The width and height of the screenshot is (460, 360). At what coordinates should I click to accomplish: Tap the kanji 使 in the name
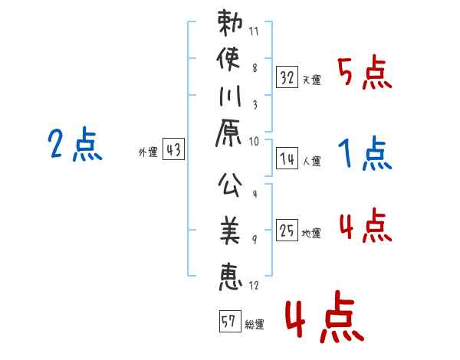(x=228, y=59)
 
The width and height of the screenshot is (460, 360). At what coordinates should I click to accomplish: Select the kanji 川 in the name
(x=230, y=96)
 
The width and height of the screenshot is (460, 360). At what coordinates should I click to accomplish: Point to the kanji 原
(x=228, y=133)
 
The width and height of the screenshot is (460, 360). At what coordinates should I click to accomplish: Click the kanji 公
(x=230, y=185)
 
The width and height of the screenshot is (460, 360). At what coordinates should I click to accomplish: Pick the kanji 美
(x=230, y=231)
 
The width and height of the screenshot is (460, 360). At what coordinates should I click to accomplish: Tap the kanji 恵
(x=231, y=277)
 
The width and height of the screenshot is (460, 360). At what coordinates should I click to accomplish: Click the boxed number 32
(x=287, y=77)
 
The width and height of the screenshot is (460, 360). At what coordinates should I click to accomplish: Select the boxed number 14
(x=287, y=159)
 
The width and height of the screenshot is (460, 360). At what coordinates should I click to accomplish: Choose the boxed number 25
(x=287, y=230)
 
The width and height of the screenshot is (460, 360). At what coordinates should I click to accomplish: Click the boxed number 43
(x=173, y=149)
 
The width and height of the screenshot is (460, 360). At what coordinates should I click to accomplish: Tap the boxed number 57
(x=230, y=321)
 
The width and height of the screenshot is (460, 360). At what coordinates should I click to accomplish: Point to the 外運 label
(x=148, y=152)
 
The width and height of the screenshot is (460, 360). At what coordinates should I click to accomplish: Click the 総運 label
(x=255, y=325)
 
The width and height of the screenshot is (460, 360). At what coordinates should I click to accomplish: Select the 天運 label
(x=311, y=80)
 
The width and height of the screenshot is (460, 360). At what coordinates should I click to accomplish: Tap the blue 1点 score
(x=365, y=153)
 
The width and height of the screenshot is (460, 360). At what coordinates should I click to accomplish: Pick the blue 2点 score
(x=75, y=144)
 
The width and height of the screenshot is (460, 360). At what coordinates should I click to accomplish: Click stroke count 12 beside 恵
(x=254, y=285)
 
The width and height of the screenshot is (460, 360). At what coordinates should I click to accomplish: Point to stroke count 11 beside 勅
(x=254, y=31)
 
